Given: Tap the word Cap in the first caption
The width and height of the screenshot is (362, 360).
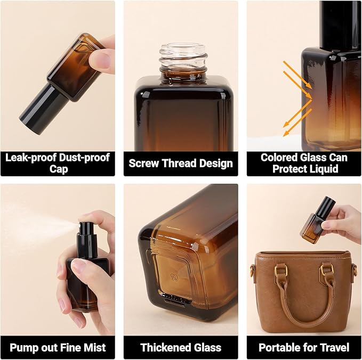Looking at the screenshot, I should point(57,168).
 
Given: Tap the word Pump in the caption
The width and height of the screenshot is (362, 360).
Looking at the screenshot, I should point(23,348).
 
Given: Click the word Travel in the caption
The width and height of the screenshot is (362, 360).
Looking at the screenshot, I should point(334,348).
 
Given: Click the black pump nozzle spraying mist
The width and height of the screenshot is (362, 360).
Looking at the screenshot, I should point(85,229).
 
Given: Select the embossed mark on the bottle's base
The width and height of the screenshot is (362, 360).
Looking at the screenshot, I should point(173,277).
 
